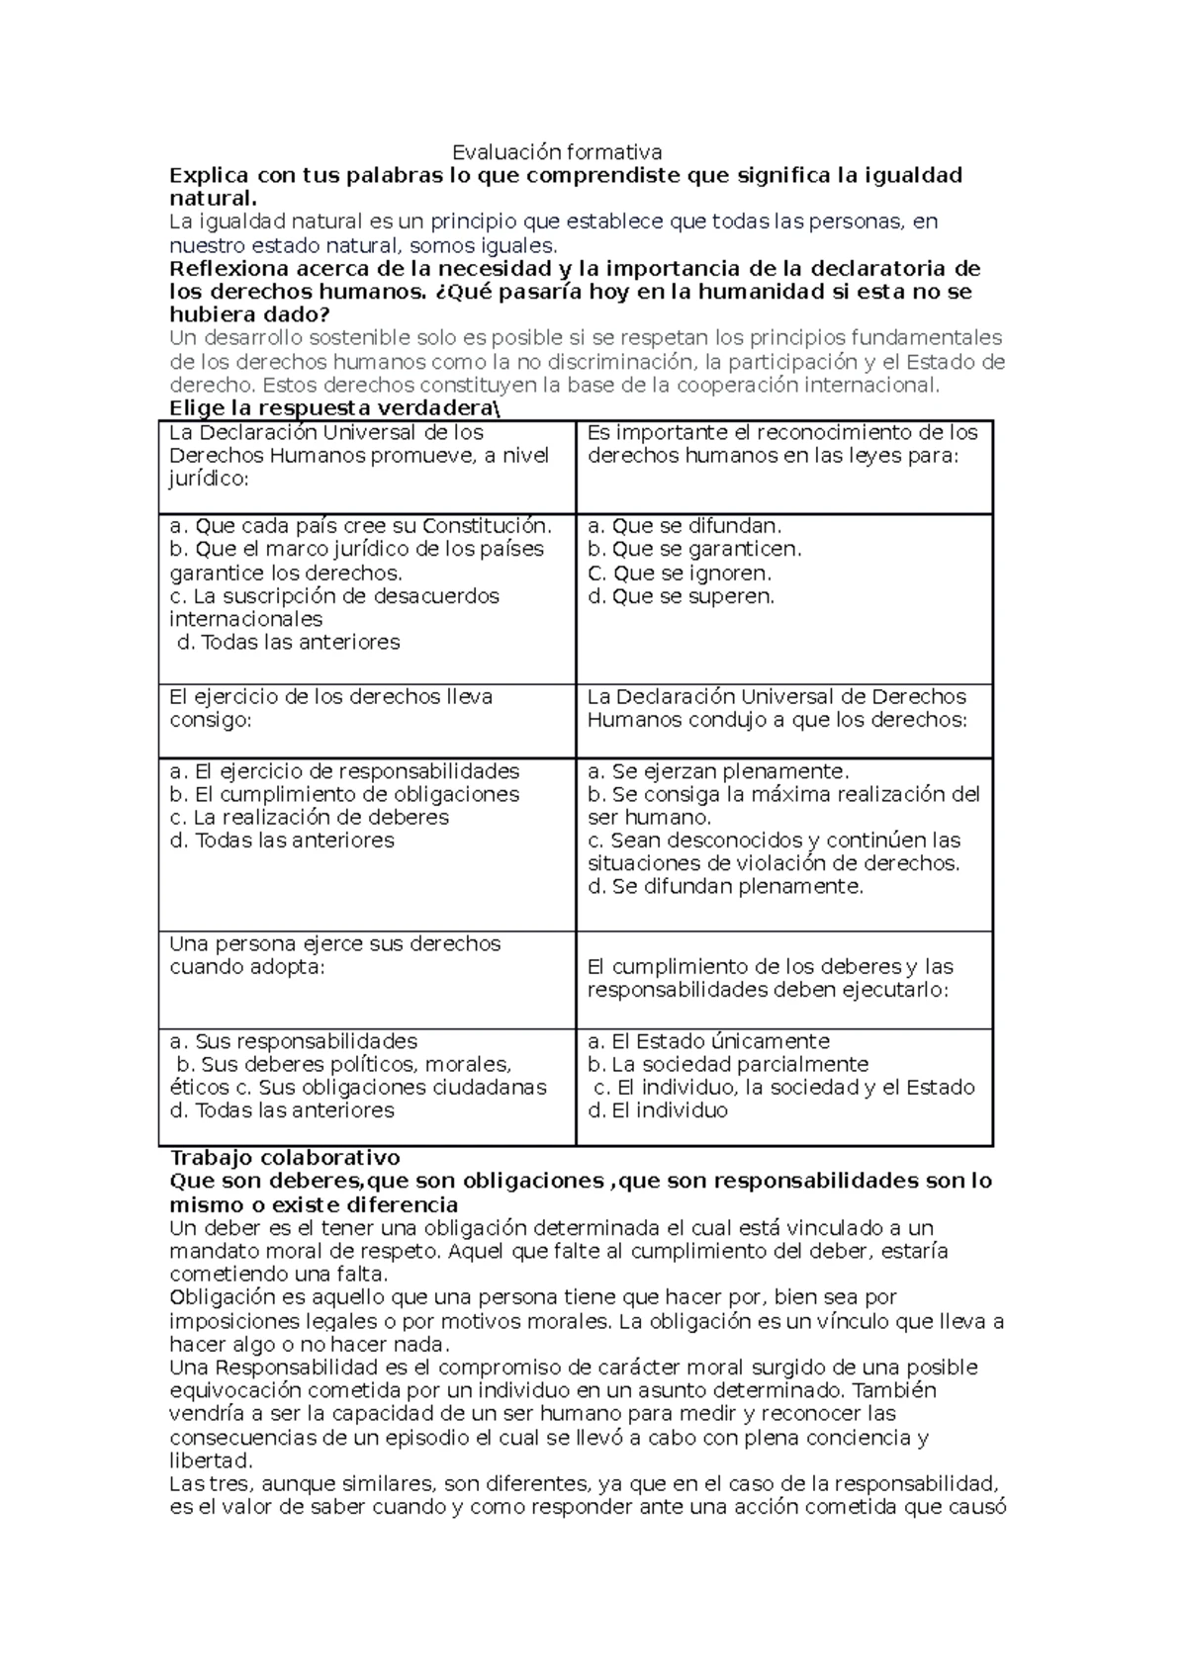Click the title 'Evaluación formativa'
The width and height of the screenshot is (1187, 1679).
pos(557,152)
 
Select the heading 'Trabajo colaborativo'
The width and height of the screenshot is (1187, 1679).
pos(285,1158)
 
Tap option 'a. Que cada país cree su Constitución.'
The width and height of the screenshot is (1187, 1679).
pos(360,526)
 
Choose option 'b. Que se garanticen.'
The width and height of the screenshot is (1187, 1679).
pos(694,549)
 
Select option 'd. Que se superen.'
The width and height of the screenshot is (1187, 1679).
pos(681,596)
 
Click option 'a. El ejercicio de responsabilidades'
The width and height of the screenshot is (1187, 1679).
pos(344,771)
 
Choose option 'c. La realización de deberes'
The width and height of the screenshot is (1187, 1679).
pos(309,818)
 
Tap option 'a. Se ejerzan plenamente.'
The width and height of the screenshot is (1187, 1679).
pos(718,771)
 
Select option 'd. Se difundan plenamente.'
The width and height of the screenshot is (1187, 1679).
pos(725,887)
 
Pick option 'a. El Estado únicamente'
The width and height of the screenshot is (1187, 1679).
pos(708,1041)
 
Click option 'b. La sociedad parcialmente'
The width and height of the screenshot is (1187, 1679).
pos(728,1065)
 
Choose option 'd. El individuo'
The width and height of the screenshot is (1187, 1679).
pos(657,1110)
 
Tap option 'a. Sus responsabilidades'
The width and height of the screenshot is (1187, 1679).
pos(293,1041)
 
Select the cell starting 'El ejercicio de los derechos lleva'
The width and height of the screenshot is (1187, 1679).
pos(330,708)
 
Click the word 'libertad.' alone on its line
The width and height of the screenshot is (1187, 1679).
pos(211,1460)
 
